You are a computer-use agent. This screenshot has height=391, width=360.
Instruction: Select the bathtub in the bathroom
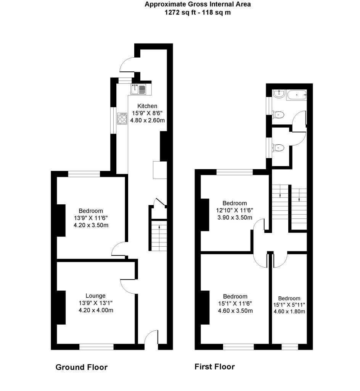[x=296, y=95]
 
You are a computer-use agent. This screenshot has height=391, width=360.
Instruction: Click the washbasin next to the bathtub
[x=278, y=94]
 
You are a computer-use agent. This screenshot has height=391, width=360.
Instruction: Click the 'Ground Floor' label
[x=82, y=367]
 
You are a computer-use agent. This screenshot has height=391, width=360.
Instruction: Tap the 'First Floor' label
[x=214, y=367]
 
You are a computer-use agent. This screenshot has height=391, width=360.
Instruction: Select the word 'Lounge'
[x=95, y=296]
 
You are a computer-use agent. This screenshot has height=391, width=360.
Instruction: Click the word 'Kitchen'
[x=147, y=106]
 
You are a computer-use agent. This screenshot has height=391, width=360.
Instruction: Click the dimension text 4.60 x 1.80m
[x=289, y=311]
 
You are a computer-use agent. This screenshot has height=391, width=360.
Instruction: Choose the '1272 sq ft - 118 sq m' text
[x=198, y=12]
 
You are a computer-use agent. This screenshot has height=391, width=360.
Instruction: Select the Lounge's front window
[x=96, y=347]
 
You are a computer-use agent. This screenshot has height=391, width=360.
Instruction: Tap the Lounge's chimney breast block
[x=61, y=308]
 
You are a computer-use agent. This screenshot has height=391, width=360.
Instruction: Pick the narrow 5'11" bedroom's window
[x=290, y=347]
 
